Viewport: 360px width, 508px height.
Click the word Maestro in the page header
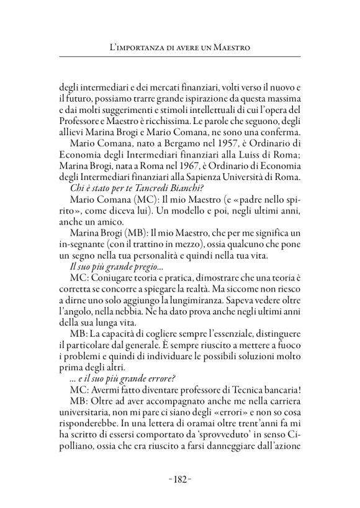click(x=232, y=47)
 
